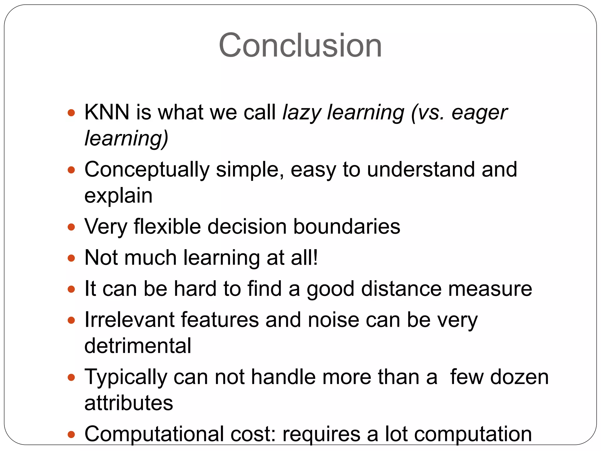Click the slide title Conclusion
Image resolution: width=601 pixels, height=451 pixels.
click(x=300, y=46)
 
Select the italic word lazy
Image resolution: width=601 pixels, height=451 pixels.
click(x=302, y=113)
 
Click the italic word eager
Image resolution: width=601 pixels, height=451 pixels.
click(x=479, y=113)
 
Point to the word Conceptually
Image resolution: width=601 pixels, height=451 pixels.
click(x=147, y=170)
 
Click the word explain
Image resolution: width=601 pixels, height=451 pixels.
click(x=118, y=196)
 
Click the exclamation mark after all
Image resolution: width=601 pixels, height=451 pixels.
click(x=315, y=258)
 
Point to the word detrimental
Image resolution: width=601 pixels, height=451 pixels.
click(x=138, y=346)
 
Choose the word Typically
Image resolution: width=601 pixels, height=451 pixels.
click(x=126, y=377)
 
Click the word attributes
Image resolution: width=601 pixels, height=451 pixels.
click(x=129, y=403)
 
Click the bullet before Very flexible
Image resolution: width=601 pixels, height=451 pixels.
click(x=71, y=227)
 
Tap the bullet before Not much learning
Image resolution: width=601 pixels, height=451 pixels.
click(x=71, y=258)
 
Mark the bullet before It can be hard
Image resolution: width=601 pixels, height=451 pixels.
click(x=71, y=289)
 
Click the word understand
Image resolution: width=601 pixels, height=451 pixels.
click(x=421, y=170)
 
